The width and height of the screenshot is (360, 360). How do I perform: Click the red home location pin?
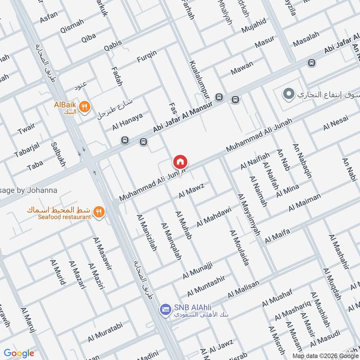coord(180,162)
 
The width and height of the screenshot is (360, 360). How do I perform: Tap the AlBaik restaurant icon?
coord(84,107)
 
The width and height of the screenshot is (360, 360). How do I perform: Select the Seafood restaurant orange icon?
coord(99,211)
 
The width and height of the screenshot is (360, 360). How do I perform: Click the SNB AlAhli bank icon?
coord(165,309)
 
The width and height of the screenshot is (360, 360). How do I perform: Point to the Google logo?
coord(18,354)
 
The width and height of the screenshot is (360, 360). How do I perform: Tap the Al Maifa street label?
coord(277,236)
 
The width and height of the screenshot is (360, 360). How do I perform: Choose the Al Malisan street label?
coord(243,289)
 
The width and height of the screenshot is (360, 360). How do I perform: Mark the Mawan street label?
coord(242,67)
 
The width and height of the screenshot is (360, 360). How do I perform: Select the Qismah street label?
coord(72,29)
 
